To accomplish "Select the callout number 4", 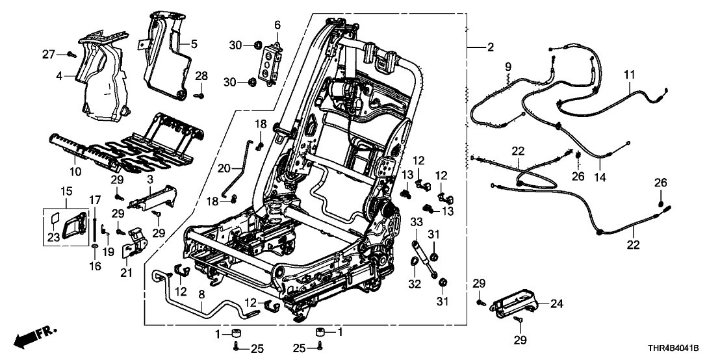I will tap(59, 75).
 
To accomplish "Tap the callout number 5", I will tap(193, 45).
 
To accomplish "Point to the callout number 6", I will tap(277, 25).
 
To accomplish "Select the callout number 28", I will tap(201, 76).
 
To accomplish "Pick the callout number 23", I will tap(53, 237).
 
